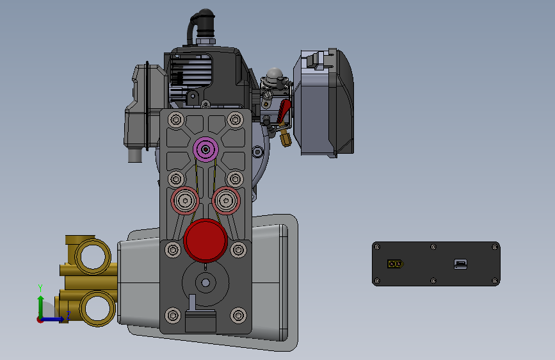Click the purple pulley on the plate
[205, 149]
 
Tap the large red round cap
[205, 240]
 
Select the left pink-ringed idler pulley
[185, 200]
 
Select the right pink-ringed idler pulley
[226, 200]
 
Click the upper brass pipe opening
[93, 256]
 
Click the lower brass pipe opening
[98, 308]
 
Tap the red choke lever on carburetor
[284, 110]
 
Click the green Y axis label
[40, 288]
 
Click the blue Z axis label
[68, 315]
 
